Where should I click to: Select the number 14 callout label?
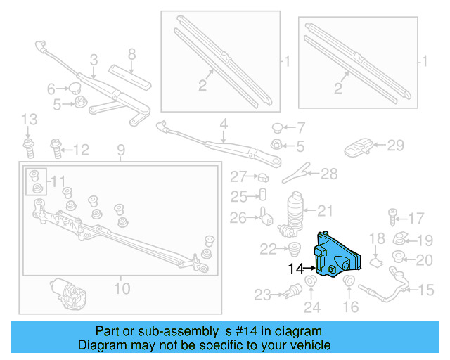pyautogui.click(x=296, y=269)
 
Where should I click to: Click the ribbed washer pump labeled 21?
pyautogui.click(x=295, y=211)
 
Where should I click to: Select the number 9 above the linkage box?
pyautogui.click(x=120, y=149)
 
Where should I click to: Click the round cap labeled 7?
pyautogui.click(x=277, y=128)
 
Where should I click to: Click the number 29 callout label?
pyautogui.click(x=396, y=146)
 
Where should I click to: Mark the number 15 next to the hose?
pyautogui.click(x=427, y=290)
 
